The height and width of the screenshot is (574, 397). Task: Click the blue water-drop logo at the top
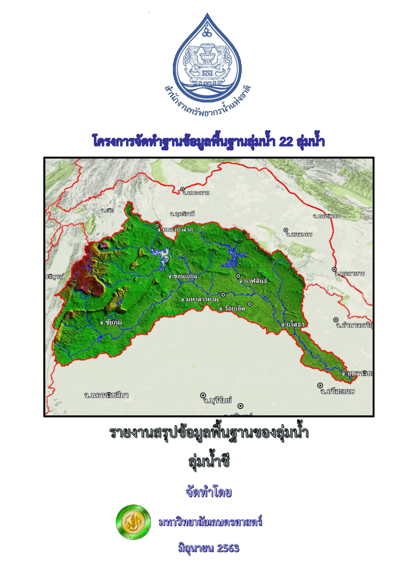(x=207, y=58)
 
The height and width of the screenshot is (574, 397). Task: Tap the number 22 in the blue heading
(x=286, y=142)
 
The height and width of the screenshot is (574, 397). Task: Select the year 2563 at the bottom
(x=228, y=548)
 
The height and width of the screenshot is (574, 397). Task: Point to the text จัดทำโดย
(x=209, y=492)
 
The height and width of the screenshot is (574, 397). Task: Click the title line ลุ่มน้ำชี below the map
(x=209, y=461)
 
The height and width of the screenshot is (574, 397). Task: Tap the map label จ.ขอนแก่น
(x=182, y=276)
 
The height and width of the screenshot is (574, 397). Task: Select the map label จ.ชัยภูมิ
(x=111, y=322)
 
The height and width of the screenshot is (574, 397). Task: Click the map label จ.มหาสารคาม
(x=199, y=299)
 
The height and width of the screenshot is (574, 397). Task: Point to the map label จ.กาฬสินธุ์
(x=253, y=281)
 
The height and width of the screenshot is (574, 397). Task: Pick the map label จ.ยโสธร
(x=293, y=324)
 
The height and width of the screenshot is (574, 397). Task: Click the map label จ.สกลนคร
(x=299, y=234)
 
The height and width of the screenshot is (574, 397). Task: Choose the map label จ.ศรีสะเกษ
(x=337, y=391)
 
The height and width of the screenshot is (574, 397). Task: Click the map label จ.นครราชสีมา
(x=106, y=395)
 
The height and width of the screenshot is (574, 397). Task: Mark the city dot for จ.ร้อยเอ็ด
(x=250, y=304)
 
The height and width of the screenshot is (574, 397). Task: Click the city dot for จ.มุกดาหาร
(x=334, y=270)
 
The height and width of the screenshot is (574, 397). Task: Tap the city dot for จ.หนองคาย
(x=182, y=189)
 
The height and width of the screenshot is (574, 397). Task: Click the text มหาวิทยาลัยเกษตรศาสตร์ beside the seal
(x=211, y=522)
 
